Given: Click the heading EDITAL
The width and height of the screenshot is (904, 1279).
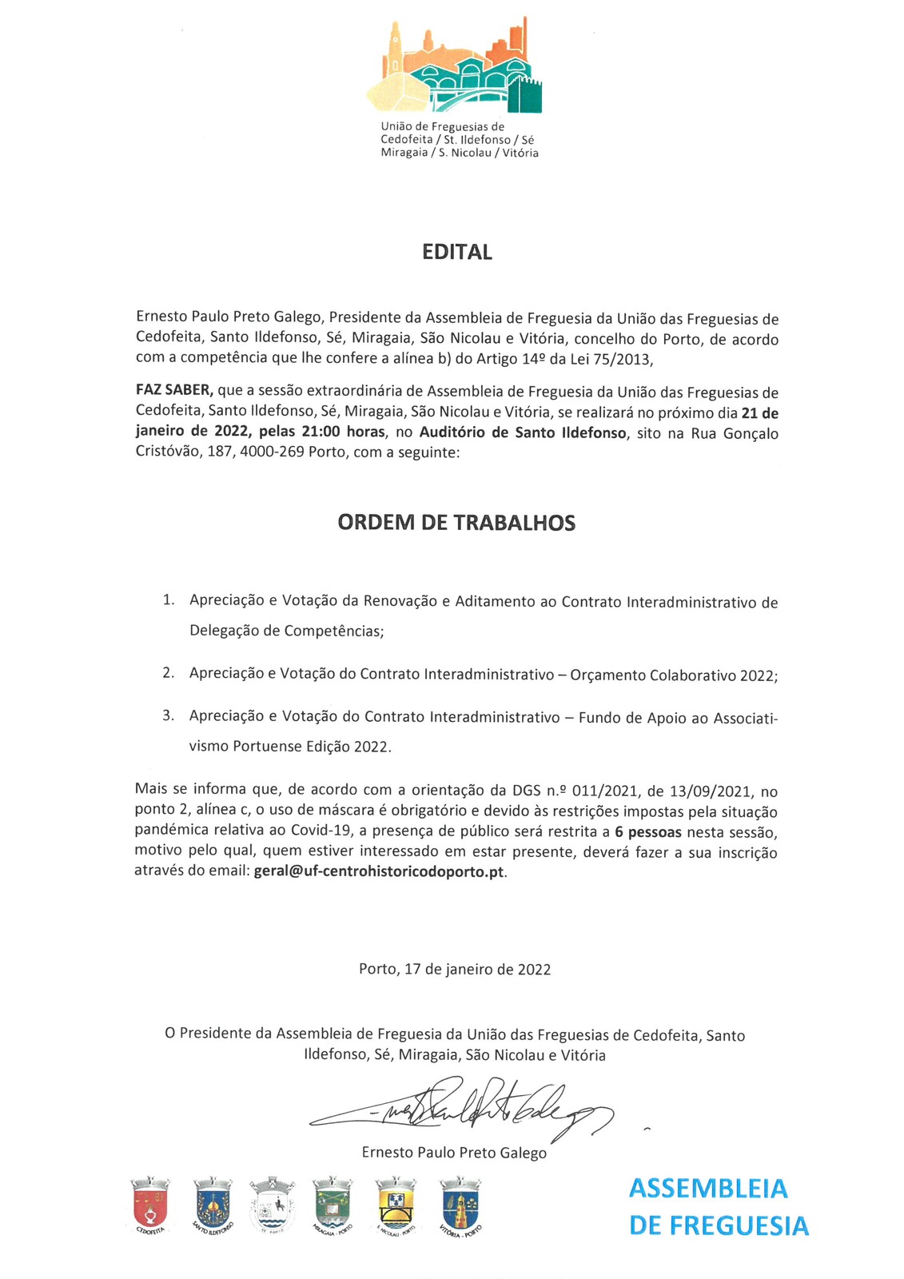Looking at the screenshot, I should click(x=456, y=253).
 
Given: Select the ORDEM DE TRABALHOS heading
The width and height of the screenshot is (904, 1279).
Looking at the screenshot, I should click(x=456, y=523).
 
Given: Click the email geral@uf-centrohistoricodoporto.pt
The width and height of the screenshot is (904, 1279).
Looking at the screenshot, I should click(x=379, y=871).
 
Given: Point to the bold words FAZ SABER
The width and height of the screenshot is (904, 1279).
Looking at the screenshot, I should click(x=174, y=391).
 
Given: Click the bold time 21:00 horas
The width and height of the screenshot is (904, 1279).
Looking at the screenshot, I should click(x=343, y=432).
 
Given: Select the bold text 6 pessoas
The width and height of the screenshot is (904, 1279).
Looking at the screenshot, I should click(x=648, y=832).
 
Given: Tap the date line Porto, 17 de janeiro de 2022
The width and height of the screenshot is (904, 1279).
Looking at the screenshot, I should click(x=455, y=970).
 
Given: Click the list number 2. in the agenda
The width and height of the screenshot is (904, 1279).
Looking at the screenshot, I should click(x=168, y=672).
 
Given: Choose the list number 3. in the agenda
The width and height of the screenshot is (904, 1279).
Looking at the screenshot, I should click(x=168, y=715).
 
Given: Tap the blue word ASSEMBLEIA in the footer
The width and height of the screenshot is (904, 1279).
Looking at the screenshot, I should click(x=708, y=1189).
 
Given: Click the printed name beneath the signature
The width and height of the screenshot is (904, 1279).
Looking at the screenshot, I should click(x=454, y=1153).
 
